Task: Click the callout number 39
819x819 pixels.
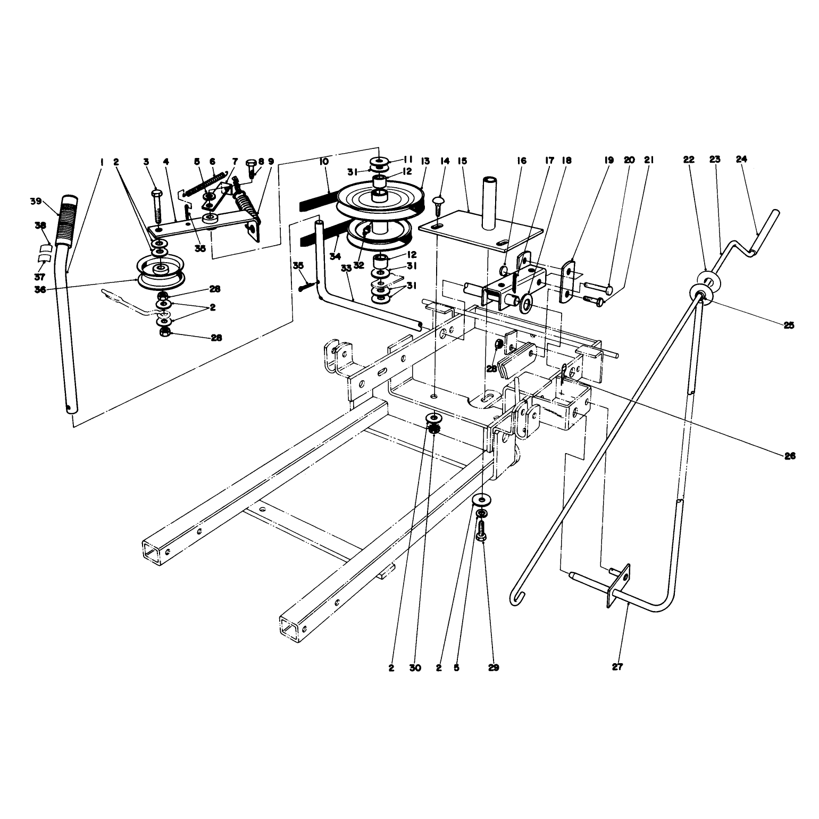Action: coord(36,201)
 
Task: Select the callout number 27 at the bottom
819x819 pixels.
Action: coord(617,668)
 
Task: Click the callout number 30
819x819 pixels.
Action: coord(415,668)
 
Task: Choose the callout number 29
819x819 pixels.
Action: coord(494,668)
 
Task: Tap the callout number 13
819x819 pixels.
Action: coord(425,161)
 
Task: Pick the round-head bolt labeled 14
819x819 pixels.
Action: coord(439,204)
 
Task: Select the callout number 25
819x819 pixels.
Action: coord(789,325)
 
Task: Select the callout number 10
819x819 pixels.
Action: coord(324,161)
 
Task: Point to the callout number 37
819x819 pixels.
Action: coord(40,277)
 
